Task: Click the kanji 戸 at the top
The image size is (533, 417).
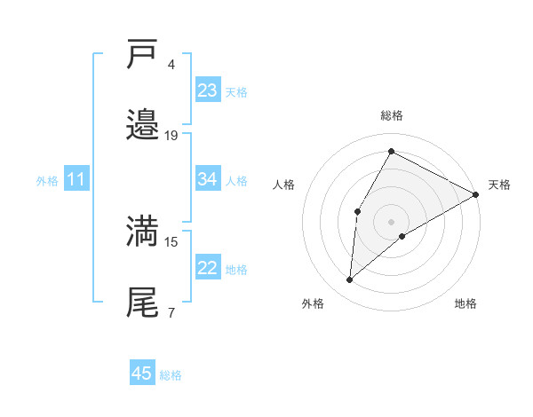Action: pyautogui.click(x=143, y=55)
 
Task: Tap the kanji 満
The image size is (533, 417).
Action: pyautogui.click(x=143, y=231)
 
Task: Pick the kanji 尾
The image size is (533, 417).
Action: pyautogui.click(x=143, y=302)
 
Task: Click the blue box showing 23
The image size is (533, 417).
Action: pyautogui.click(x=207, y=90)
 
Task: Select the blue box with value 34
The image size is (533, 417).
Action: pyautogui.click(x=207, y=179)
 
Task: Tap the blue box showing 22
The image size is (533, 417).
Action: pyautogui.click(x=207, y=269)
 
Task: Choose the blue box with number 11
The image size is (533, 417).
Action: pyautogui.click(x=76, y=180)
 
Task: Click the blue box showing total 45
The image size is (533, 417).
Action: pyautogui.click(x=142, y=374)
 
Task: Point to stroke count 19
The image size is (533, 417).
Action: pyautogui.click(x=171, y=136)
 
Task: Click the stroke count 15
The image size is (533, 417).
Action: pyautogui.click(x=171, y=241)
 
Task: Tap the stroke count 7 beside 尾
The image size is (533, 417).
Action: pyautogui.click(x=171, y=312)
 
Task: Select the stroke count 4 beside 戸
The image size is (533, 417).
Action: pyautogui.click(x=171, y=65)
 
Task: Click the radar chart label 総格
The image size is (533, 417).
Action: pyautogui.click(x=392, y=116)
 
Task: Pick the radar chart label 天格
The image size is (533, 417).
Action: pyautogui.click(x=499, y=185)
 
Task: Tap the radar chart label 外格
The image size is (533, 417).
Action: pyautogui.click(x=313, y=303)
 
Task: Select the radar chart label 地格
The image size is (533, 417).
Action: pyautogui.click(x=465, y=303)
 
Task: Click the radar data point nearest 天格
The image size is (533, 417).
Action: pyautogui.click(x=476, y=195)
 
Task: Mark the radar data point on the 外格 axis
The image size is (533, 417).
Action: pyautogui.click(x=350, y=280)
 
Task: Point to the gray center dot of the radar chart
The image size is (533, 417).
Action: pyautogui.click(x=391, y=221)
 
